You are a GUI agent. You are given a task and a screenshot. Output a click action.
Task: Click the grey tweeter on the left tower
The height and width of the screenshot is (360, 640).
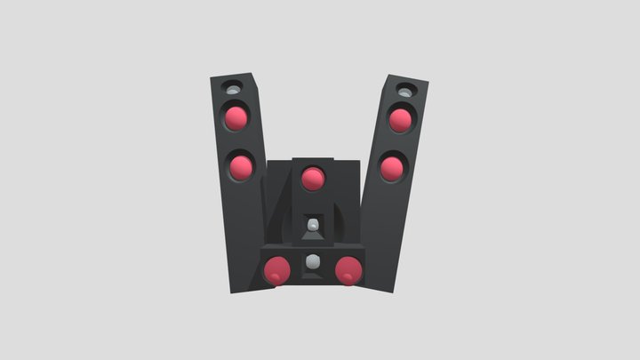pyautogui.click(x=233, y=91)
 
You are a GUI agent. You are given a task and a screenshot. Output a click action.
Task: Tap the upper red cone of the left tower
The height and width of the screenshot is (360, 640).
pyautogui.click(x=236, y=117)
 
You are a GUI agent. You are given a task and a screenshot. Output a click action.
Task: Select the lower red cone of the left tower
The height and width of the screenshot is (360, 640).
pyautogui.click(x=239, y=165)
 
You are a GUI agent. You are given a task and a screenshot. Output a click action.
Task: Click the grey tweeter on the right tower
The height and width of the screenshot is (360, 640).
pyautogui.click(x=404, y=91)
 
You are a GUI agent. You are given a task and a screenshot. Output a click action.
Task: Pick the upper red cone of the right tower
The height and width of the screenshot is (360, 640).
pyautogui.click(x=400, y=119)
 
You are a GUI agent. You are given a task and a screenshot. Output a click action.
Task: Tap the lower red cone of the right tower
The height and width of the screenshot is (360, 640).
pyautogui.click(x=392, y=166)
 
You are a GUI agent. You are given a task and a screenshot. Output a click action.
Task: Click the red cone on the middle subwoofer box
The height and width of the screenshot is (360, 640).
pyautogui.click(x=311, y=179)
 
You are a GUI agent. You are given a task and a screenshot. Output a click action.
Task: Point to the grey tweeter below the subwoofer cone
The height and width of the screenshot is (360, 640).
pyautogui.click(x=311, y=227)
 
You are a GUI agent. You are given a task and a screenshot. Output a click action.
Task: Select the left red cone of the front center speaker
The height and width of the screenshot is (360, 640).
pyautogui.click(x=277, y=268)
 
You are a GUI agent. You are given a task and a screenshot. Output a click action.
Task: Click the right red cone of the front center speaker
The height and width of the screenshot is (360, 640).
pyautogui.click(x=348, y=268)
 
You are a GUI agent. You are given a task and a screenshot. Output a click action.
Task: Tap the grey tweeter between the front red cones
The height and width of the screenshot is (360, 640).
pyautogui.click(x=312, y=263)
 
